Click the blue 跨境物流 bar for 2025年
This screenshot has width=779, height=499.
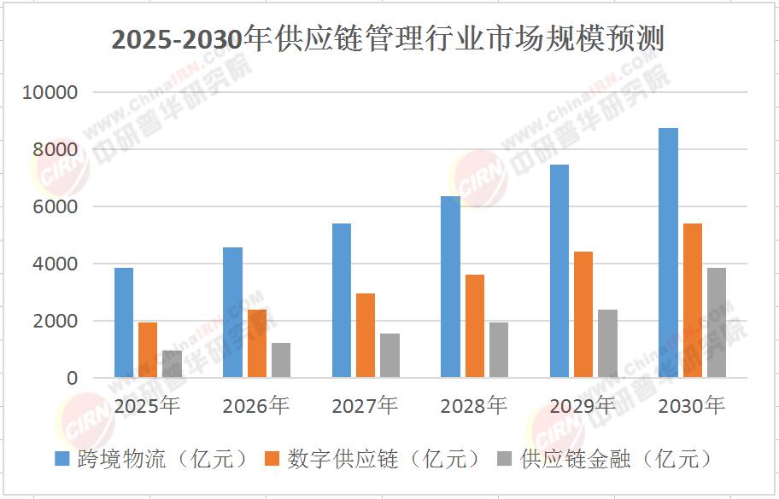[124, 322]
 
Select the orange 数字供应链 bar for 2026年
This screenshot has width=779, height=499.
[257, 343]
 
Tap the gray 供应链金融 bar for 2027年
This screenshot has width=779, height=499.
[389, 355]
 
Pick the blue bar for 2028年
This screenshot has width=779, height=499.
[450, 287]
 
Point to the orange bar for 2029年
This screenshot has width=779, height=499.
[583, 314]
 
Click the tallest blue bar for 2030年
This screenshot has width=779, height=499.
[668, 252]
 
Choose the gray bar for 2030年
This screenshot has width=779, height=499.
[716, 322]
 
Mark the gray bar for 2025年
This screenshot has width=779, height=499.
[172, 363]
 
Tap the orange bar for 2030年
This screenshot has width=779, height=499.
[692, 300]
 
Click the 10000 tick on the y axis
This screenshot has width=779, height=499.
[54, 92]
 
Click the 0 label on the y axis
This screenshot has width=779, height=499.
[73, 378]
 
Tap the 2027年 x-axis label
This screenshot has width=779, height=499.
[365, 405]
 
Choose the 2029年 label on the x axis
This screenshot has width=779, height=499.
[583, 405]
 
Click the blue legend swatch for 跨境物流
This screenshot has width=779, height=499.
[62, 459]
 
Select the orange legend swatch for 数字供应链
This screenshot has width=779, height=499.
[272, 459]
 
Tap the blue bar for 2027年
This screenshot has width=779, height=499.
[342, 300]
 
